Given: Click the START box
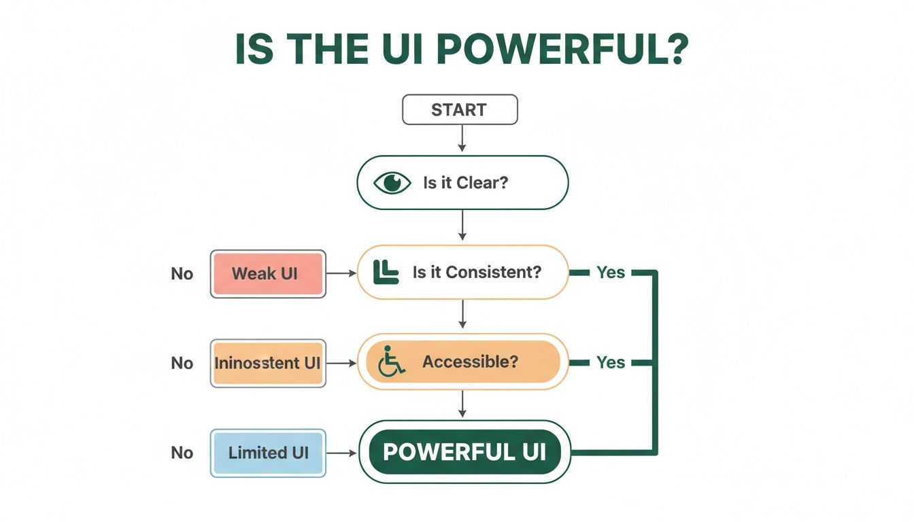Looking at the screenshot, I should [x=460, y=109].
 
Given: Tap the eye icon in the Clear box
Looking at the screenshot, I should [x=392, y=183].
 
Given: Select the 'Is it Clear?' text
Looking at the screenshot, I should [x=465, y=183].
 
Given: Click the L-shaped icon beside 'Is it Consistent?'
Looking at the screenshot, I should [x=386, y=272].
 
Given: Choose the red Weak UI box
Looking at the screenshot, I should [x=268, y=274].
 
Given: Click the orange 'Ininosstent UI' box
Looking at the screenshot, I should [x=267, y=363].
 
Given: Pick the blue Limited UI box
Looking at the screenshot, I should [x=268, y=453].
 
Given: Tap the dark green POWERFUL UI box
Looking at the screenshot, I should [x=464, y=452].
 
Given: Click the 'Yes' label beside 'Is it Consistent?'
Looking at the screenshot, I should [x=610, y=273].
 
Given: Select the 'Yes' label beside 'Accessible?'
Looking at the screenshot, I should [x=610, y=363].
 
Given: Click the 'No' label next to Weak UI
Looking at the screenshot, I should [x=182, y=274].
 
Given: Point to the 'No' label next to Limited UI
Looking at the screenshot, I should [x=182, y=453].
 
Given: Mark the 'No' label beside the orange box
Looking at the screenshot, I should [x=182, y=363].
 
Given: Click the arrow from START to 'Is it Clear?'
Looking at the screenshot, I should [x=462, y=139].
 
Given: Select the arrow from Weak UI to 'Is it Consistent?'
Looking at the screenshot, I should [x=342, y=273].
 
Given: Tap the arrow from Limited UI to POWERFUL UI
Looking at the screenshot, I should [x=342, y=453].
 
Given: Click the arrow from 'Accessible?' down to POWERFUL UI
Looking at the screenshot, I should [x=462, y=404].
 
